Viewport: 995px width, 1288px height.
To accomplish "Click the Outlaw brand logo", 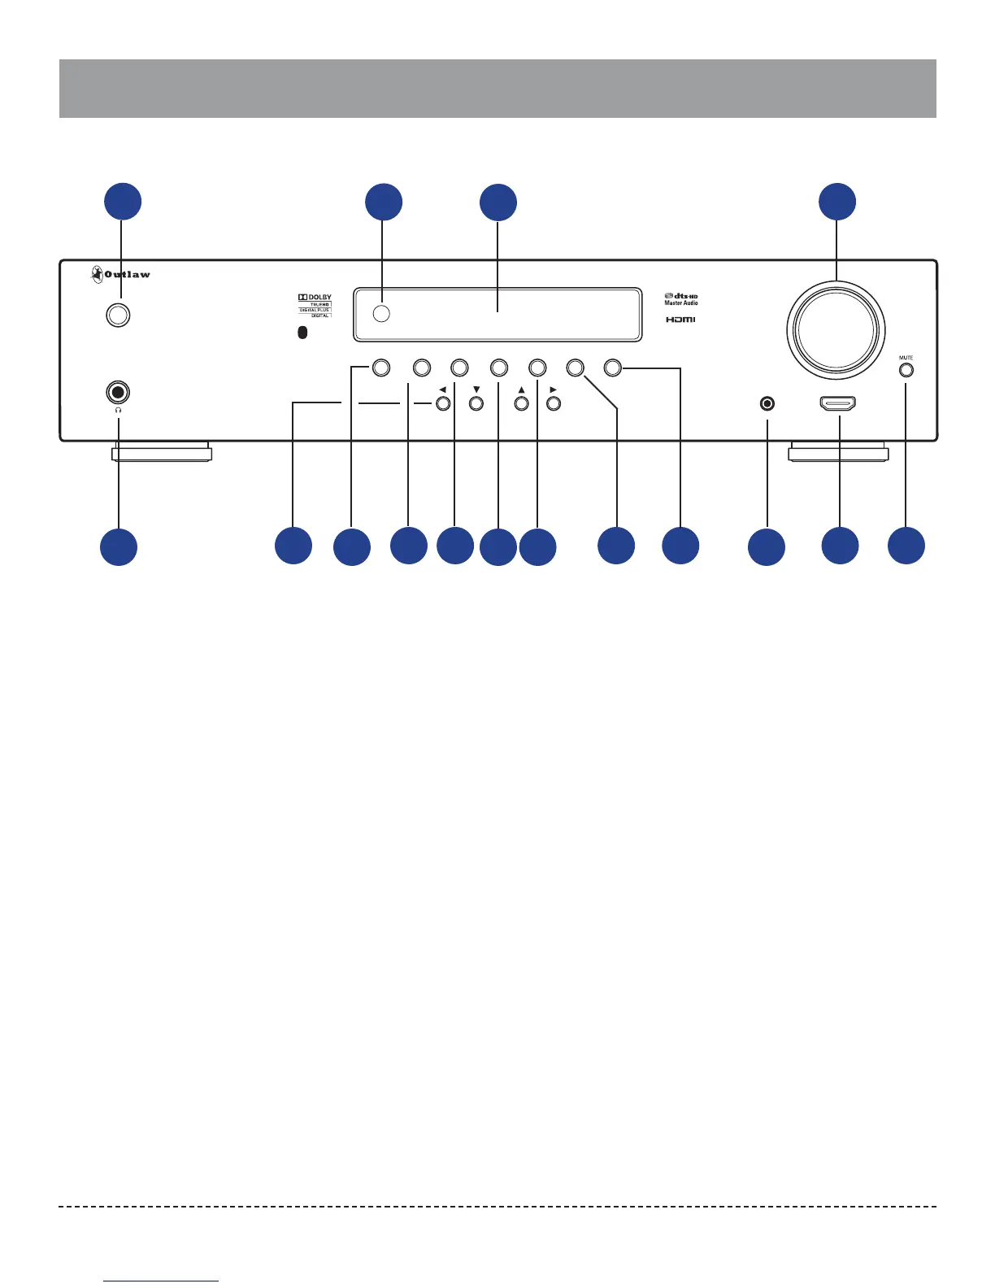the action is tap(120, 274).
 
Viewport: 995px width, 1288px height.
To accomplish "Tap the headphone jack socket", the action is tap(119, 393).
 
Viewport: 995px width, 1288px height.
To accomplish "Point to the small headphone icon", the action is tap(119, 411).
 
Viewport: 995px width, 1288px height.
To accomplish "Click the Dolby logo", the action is tap(315, 298).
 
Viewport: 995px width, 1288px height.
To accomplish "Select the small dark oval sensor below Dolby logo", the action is tap(302, 333).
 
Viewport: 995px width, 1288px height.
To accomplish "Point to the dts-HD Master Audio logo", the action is tap(681, 298).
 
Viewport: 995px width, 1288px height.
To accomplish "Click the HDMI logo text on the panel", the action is tap(681, 320).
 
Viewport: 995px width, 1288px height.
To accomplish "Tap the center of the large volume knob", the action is tap(836, 331).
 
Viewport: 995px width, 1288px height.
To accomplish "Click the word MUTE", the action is tap(906, 358).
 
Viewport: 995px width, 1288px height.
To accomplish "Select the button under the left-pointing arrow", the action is tap(442, 403).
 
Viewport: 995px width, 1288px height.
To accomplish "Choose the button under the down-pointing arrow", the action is tap(477, 403).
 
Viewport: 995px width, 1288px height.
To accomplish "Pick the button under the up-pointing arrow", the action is tap(522, 403).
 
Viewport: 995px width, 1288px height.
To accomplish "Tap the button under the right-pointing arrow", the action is tap(554, 403).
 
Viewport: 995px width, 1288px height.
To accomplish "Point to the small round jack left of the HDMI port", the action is tap(767, 403).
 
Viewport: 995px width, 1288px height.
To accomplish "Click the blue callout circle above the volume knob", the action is tap(837, 202).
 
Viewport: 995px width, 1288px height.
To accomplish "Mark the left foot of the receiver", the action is tap(161, 452).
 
